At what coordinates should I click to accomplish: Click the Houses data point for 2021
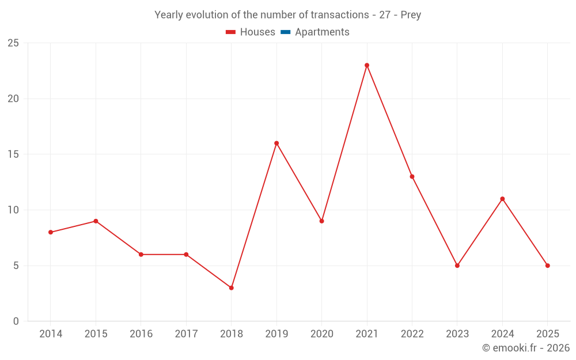367,65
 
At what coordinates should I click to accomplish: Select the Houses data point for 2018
231,288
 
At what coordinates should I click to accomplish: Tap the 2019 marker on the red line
276,143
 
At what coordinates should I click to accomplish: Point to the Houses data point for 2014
51,232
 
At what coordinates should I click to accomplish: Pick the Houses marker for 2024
502,199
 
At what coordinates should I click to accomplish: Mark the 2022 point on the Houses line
412,177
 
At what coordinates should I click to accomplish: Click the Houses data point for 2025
547,266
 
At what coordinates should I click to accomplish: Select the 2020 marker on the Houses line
321,221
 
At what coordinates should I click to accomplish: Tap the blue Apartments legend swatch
285,32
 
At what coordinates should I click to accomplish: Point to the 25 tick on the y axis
13,43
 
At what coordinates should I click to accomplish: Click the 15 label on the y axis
13,154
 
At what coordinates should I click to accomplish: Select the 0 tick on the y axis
16,321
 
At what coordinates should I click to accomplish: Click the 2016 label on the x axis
141,334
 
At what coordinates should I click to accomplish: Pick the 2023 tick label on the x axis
457,334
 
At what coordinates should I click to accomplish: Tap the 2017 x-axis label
186,334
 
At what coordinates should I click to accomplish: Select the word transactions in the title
340,15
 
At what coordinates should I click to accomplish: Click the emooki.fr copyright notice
526,348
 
